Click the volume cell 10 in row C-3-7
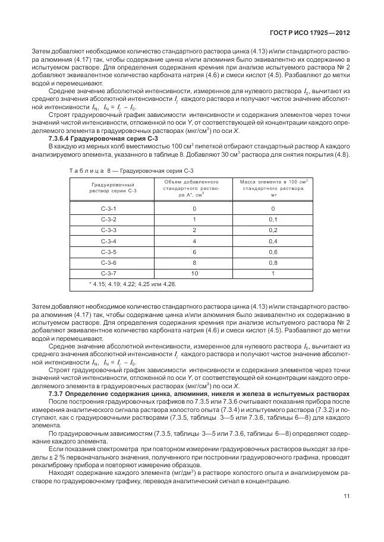click(x=194, y=273)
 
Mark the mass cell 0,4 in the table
click(x=273, y=241)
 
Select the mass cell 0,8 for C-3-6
click(x=273, y=262)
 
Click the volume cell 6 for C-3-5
click(x=194, y=252)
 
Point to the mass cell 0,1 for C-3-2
click(x=273, y=220)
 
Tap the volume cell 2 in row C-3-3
click(x=194, y=230)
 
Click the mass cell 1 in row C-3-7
click(x=273, y=273)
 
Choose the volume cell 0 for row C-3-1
click(x=194, y=209)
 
